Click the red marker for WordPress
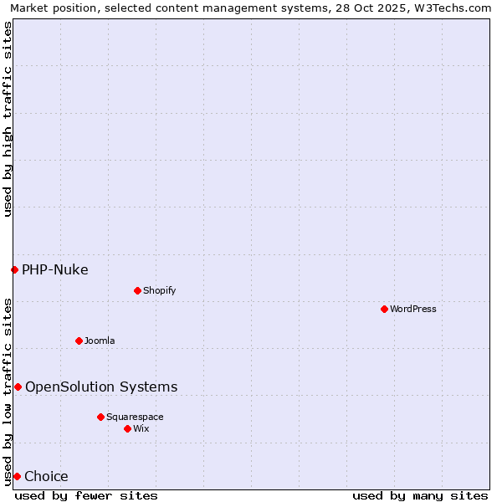(x=384, y=309)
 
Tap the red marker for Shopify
(x=137, y=290)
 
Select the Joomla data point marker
(x=79, y=341)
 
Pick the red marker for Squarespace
(x=100, y=417)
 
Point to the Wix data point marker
(x=127, y=428)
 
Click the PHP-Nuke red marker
(x=14, y=269)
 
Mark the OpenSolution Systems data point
(x=18, y=387)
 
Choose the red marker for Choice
(x=17, y=476)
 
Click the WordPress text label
(x=413, y=309)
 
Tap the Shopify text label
(x=159, y=290)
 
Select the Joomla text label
(x=100, y=341)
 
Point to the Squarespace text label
(x=135, y=417)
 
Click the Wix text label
(x=141, y=428)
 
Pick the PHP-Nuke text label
(x=55, y=269)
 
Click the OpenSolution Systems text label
(x=101, y=387)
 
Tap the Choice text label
(x=46, y=476)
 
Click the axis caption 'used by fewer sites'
(x=86, y=495)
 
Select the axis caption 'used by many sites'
(x=420, y=495)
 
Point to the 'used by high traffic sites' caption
(x=8, y=119)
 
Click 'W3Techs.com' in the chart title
(x=452, y=8)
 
